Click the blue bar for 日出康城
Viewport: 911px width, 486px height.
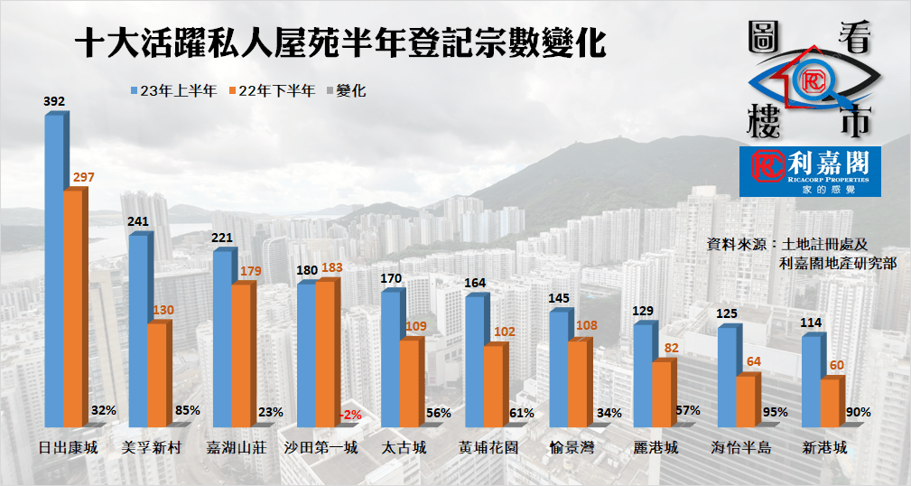pos(54,271)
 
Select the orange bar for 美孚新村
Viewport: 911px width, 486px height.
pos(157,375)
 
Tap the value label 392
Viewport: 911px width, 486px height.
pos(54,102)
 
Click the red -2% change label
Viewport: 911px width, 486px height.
pos(350,414)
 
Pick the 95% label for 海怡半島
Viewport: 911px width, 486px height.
pos(774,411)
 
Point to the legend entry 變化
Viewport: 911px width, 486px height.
pos(349,90)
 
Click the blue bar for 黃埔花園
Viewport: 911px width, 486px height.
pos(474,361)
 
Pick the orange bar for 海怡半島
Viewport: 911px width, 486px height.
pos(745,401)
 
